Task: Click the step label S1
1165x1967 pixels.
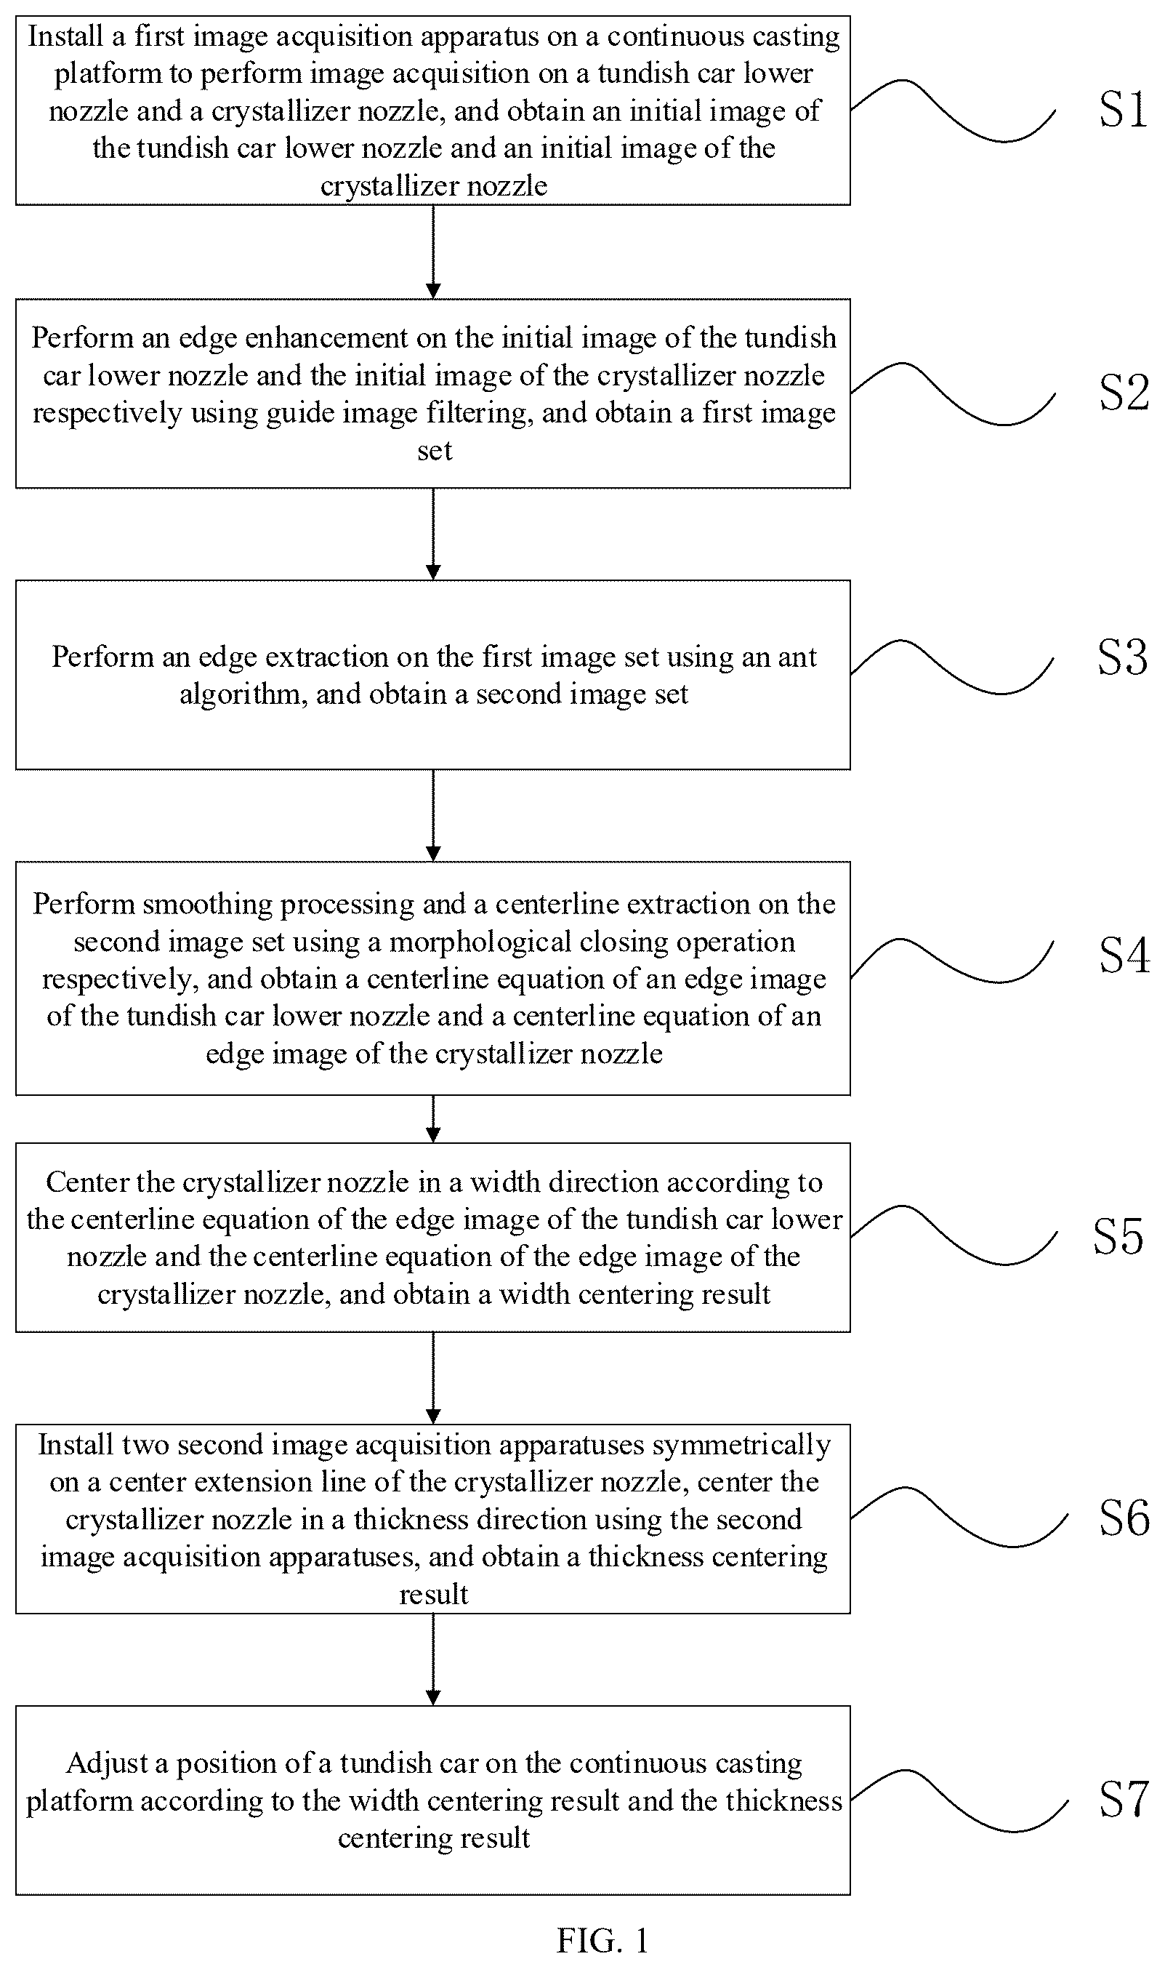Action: [x=1124, y=109]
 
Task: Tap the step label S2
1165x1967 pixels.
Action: [x=1124, y=393]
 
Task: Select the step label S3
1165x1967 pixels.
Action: [x=1123, y=657]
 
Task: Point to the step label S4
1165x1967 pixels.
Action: [x=1124, y=956]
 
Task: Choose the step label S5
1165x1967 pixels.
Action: [x=1118, y=1237]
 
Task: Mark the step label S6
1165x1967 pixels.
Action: [x=1124, y=1518]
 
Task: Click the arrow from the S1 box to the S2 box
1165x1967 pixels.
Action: [x=433, y=252]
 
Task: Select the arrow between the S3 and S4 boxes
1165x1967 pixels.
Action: [x=433, y=816]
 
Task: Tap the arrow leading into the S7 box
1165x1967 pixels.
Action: [x=433, y=1660]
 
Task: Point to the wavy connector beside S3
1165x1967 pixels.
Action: [x=951, y=668]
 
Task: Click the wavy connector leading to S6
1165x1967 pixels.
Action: [x=959, y=1517]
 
